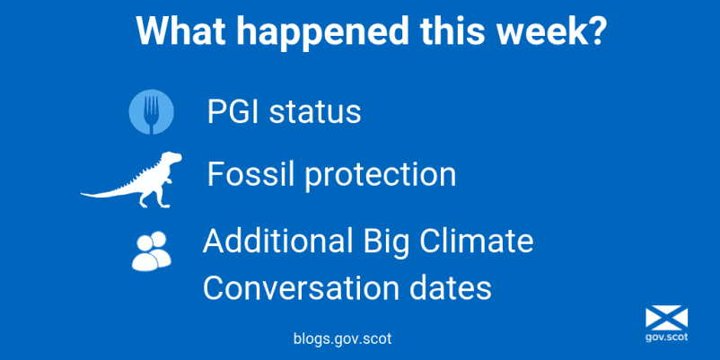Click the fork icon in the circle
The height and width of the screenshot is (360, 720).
pyautogui.click(x=151, y=112)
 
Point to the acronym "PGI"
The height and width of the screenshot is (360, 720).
pyautogui.click(x=233, y=111)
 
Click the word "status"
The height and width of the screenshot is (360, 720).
pyautogui.click(x=315, y=112)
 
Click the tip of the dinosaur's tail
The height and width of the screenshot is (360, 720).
pyautogui.click(x=82, y=194)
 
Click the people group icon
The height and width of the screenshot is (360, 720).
pyautogui.click(x=152, y=250)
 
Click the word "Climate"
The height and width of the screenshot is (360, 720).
pyautogui.click(x=473, y=241)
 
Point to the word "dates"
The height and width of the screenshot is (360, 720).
pyautogui.click(x=445, y=288)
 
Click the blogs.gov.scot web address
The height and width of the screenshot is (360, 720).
pyautogui.click(x=343, y=338)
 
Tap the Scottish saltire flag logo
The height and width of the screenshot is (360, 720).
pyautogui.click(x=666, y=319)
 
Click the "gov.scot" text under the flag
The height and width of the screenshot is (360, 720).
pyautogui.click(x=666, y=337)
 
